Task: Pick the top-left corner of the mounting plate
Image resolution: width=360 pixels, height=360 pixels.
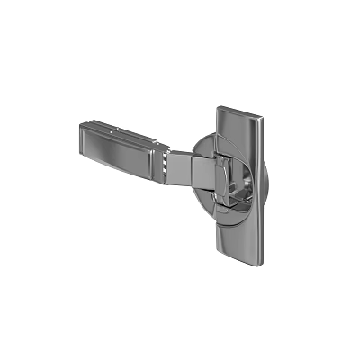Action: (220, 110)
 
